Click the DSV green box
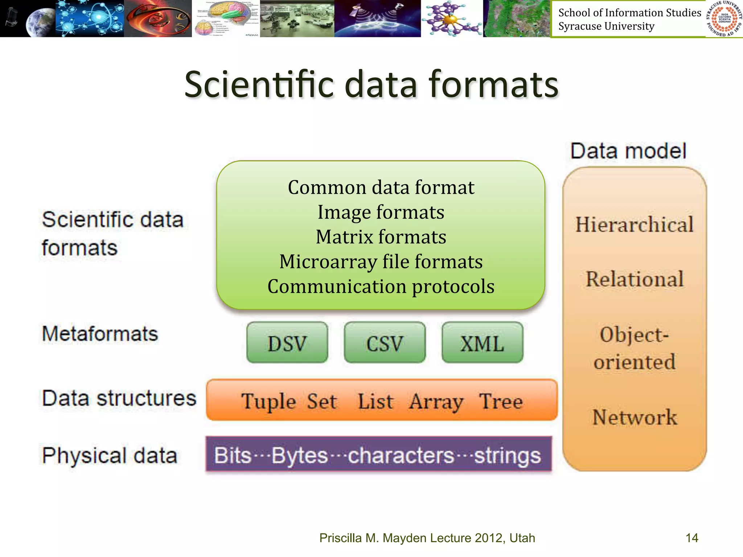point(287,343)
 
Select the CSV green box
point(385,343)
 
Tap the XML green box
point(482,343)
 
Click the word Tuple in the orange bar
point(269,402)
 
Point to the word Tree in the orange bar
point(501,401)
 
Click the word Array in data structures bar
point(436,402)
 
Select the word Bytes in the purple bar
point(300,455)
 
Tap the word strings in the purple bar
point(508,455)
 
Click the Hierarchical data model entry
point(634,224)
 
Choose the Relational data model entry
point(635,279)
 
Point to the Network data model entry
point(635,417)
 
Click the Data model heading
point(628,151)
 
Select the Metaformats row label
point(100,334)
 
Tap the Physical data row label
point(110,455)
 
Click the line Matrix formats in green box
point(381,237)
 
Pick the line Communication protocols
point(381,286)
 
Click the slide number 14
point(691,538)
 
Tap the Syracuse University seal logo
point(724,19)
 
